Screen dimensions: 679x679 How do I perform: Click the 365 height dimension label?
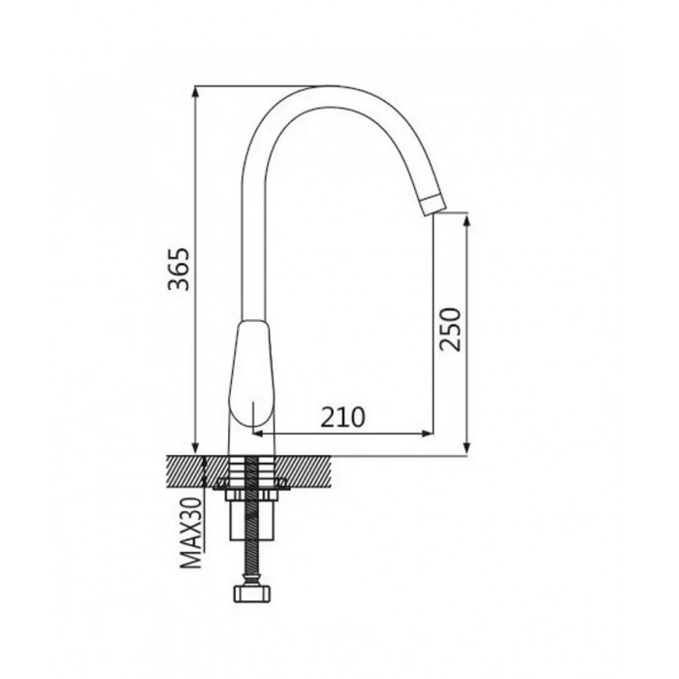click(x=178, y=269)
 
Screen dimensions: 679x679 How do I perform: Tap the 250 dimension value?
click(x=450, y=329)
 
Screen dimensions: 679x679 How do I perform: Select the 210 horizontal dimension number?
click(x=342, y=417)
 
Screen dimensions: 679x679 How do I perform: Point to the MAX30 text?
click(x=192, y=533)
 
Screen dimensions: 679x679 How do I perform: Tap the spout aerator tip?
click(x=433, y=205)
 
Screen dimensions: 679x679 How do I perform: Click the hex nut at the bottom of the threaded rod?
click(x=251, y=594)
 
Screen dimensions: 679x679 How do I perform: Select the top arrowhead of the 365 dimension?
click(x=196, y=92)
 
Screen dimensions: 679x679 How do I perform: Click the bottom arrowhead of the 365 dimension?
click(x=196, y=449)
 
